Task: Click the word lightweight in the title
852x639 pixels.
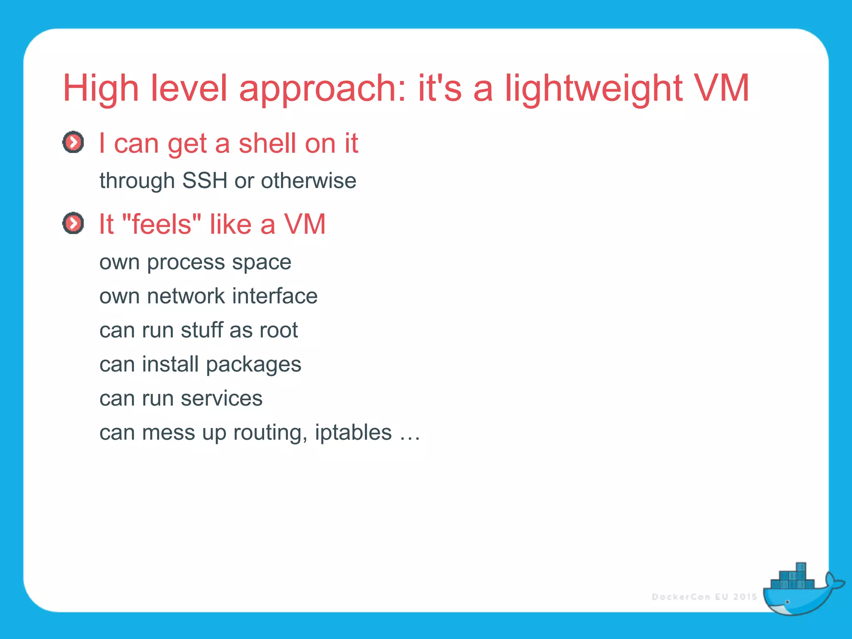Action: point(593,88)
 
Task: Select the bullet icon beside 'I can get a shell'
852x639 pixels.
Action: point(73,143)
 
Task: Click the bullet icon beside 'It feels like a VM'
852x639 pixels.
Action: point(73,223)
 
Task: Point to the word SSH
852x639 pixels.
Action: point(205,181)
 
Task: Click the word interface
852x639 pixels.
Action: point(275,296)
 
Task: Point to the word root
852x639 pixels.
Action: point(278,330)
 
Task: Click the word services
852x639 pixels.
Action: point(222,399)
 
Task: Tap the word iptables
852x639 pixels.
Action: point(353,433)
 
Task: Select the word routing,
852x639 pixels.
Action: point(270,433)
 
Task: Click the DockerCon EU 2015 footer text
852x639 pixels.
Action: point(704,597)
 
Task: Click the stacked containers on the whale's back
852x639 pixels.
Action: point(793,578)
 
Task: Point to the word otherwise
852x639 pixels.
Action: point(308,181)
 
